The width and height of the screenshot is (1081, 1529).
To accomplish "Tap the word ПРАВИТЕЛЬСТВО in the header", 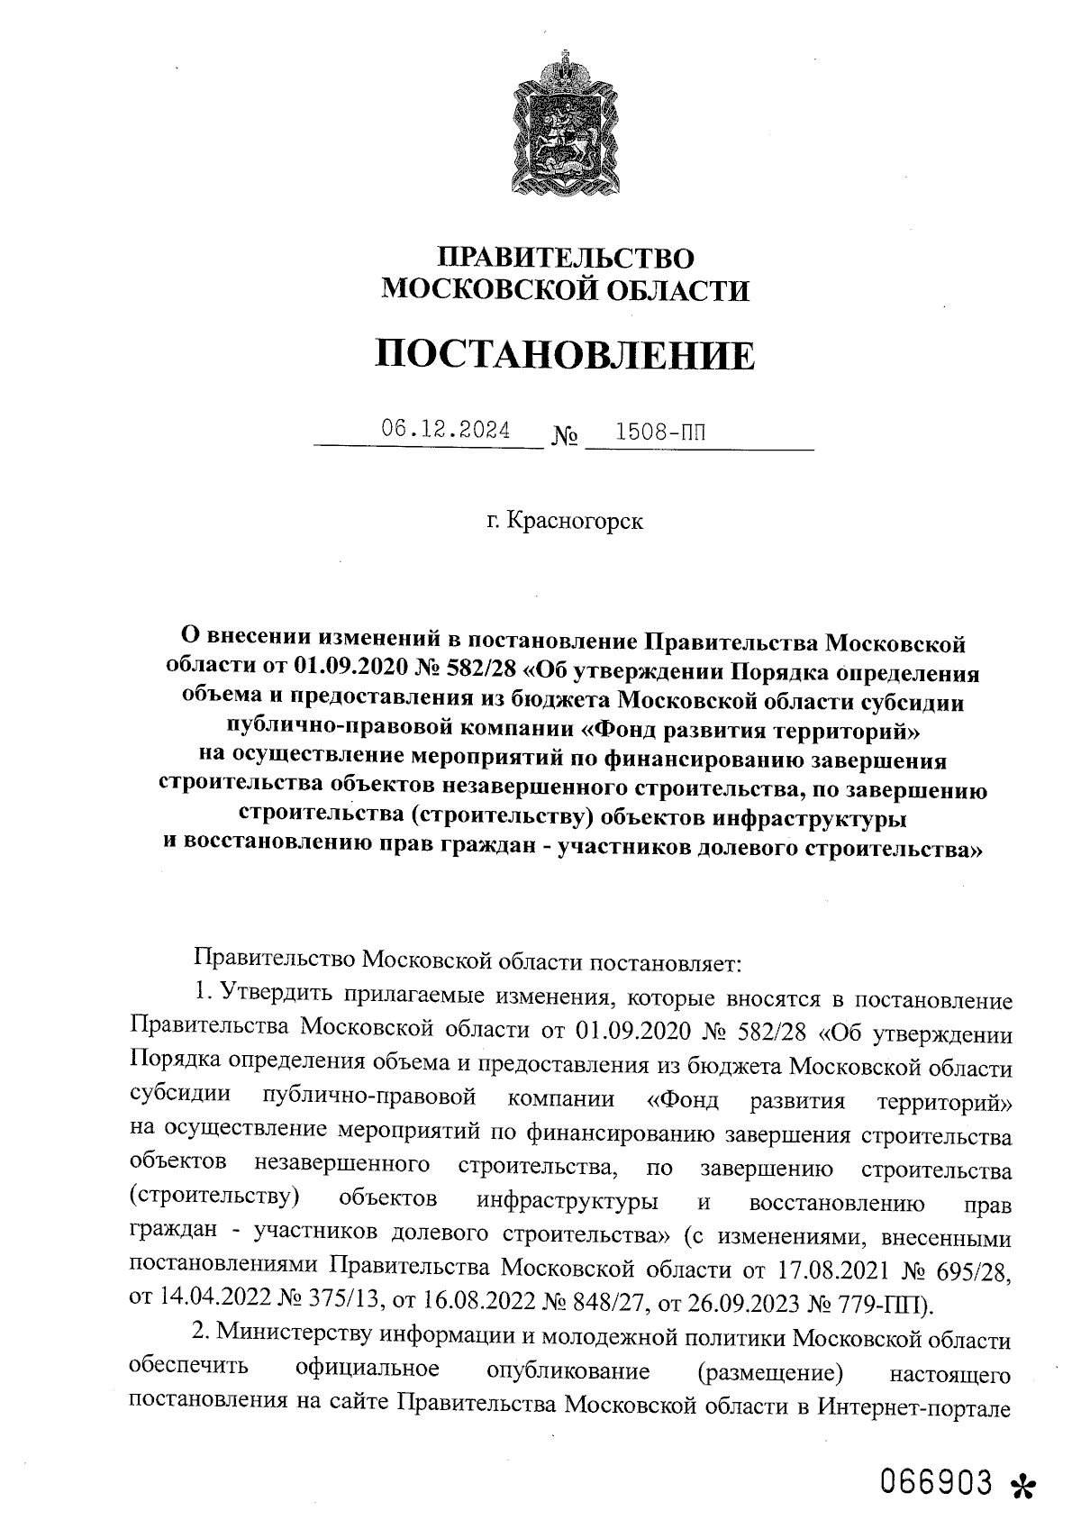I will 566,259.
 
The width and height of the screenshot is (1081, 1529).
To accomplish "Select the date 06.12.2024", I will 445,430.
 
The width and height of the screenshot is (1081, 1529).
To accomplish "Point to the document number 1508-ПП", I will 659,432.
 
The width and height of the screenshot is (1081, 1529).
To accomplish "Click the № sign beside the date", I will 564,437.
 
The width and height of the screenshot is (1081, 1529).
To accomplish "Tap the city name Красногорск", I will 576,521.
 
